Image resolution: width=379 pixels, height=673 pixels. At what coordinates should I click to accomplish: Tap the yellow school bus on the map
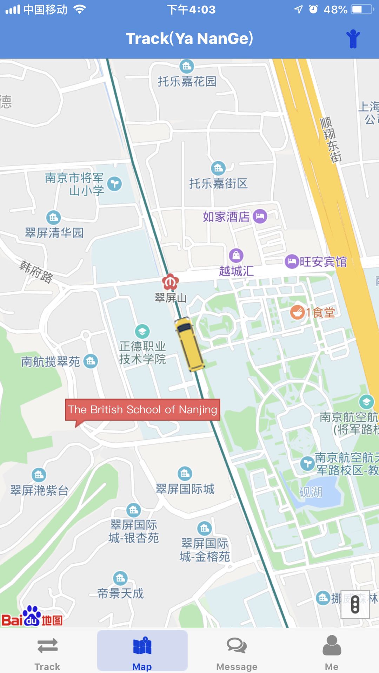[x=189, y=344]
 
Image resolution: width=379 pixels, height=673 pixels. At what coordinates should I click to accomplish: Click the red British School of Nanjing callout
[x=142, y=409]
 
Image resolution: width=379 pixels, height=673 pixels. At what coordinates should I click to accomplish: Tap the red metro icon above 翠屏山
[x=171, y=281]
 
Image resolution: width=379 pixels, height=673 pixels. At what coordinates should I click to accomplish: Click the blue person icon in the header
[x=353, y=39]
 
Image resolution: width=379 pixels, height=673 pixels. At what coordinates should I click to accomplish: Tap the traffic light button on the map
[x=355, y=604]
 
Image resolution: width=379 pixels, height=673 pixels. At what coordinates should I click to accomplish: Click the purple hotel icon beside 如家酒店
[x=260, y=216]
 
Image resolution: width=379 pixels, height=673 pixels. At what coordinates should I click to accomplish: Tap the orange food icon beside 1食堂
[x=297, y=312]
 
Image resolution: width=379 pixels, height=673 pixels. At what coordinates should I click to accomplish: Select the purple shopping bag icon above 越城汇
[x=236, y=255]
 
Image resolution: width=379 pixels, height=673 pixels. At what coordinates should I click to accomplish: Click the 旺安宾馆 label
[x=323, y=261]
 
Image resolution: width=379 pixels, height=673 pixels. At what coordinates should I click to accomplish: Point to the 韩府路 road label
[x=36, y=272]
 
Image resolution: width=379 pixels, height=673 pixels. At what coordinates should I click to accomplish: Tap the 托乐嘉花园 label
[x=187, y=81]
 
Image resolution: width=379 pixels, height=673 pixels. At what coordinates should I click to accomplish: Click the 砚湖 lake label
[x=311, y=492]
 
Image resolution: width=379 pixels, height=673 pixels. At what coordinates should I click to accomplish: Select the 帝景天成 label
[x=120, y=593]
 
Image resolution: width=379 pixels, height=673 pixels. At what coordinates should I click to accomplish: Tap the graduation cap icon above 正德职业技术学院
[x=142, y=331]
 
